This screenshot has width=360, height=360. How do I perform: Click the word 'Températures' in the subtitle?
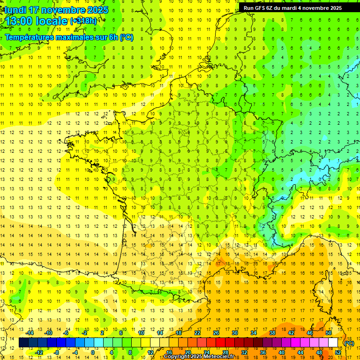[28, 37]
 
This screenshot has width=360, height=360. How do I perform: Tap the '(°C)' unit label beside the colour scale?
[349, 343]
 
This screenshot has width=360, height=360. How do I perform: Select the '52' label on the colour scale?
[337, 352]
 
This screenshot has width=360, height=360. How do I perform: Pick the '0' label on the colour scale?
[92, 352]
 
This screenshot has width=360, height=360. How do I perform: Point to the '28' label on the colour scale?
[225, 352]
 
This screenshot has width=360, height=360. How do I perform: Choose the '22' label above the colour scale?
[197, 333]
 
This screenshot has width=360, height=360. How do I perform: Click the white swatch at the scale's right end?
[333, 343]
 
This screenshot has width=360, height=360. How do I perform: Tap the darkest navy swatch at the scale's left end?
[23, 343]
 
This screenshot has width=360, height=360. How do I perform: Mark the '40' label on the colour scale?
[281, 352]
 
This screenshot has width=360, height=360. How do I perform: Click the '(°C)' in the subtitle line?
[127, 37]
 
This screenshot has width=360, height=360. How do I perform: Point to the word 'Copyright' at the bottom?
[177, 357]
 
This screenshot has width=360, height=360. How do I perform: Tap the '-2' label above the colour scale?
[84, 333]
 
